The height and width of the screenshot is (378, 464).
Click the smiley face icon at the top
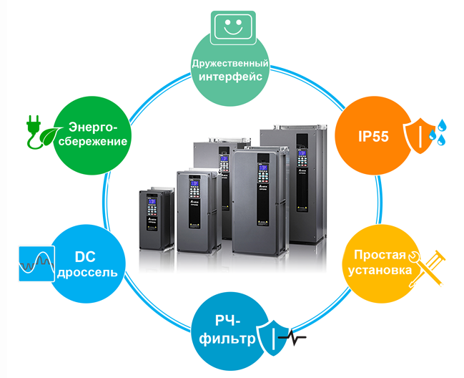(x=232, y=27)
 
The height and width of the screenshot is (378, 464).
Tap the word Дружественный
(x=230, y=64)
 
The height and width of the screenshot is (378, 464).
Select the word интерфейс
(x=230, y=77)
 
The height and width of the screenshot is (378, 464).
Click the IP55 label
(x=373, y=136)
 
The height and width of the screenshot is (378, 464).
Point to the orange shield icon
(x=418, y=136)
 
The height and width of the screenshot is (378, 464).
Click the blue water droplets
(x=438, y=132)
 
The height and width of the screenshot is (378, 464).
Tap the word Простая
(x=380, y=255)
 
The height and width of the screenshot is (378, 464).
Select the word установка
(x=380, y=270)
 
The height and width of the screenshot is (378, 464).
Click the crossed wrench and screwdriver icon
(x=426, y=268)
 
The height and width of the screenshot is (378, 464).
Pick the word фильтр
(x=227, y=339)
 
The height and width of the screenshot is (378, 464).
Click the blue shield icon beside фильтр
(x=272, y=338)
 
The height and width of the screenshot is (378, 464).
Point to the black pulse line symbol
(x=292, y=337)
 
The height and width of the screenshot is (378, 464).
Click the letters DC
(x=85, y=256)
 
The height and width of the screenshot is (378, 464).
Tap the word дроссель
(x=87, y=272)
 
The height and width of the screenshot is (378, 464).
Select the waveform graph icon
(x=36, y=263)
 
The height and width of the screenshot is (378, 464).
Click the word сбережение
(x=93, y=141)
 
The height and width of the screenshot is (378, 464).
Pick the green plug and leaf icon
(x=44, y=132)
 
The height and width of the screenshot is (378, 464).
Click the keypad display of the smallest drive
(x=152, y=202)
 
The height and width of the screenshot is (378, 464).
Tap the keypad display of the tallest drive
(x=302, y=153)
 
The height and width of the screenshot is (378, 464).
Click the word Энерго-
(x=93, y=127)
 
